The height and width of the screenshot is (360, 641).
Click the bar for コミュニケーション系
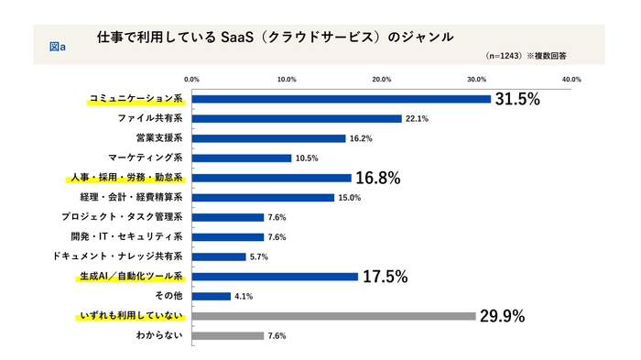click(x=342, y=99)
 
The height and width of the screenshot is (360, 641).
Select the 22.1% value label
click(x=417, y=119)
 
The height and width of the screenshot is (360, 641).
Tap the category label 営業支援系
click(x=159, y=138)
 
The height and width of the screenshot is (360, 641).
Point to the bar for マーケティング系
click(x=242, y=158)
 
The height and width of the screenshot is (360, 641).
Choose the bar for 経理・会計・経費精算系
click(x=263, y=197)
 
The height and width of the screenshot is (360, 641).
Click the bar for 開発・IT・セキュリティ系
click(x=228, y=236)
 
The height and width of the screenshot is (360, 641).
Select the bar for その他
click(x=212, y=296)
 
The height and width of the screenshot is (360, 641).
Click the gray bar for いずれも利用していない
click(x=333, y=316)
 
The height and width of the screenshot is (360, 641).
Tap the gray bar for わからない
click(x=228, y=335)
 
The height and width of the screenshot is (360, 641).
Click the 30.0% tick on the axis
click(x=476, y=80)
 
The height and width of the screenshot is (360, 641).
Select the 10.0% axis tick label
click(x=287, y=80)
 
